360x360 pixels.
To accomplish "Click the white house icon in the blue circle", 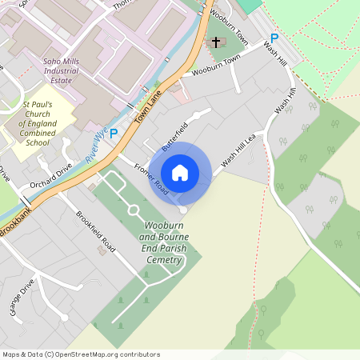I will click(x=180, y=173).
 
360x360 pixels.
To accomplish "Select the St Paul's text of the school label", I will click(x=37, y=104).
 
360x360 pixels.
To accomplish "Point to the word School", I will click(x=37, y=142).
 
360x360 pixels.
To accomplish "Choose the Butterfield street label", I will click(x=174, y=136).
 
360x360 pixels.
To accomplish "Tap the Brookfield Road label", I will click(x=96, y=232).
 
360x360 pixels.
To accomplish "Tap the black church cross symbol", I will click(x=214, y=42).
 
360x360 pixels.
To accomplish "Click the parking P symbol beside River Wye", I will click(x=114, y=134).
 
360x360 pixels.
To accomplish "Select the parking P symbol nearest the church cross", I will click(x=274, y=38).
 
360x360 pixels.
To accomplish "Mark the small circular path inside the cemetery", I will click(x=134, y=210).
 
